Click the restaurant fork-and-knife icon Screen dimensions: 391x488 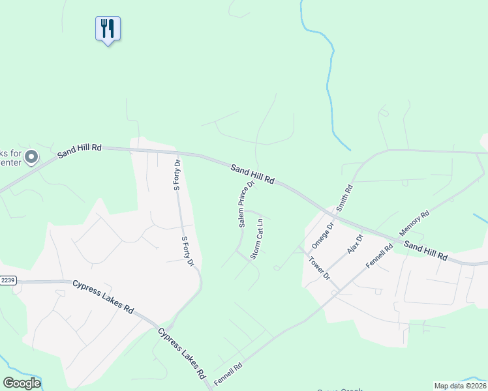point(108,29)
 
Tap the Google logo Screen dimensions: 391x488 point(22,383)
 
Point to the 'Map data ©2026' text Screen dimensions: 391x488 point(460,386)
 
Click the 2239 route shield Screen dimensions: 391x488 point(7,280)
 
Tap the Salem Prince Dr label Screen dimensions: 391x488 point(245,204)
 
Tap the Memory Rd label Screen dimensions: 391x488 point(414,223)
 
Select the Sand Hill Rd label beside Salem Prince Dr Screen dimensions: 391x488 point(252,173)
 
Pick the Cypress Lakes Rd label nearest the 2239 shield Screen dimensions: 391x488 point(103,297)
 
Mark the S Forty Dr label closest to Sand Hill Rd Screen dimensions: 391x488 point(176,175)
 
